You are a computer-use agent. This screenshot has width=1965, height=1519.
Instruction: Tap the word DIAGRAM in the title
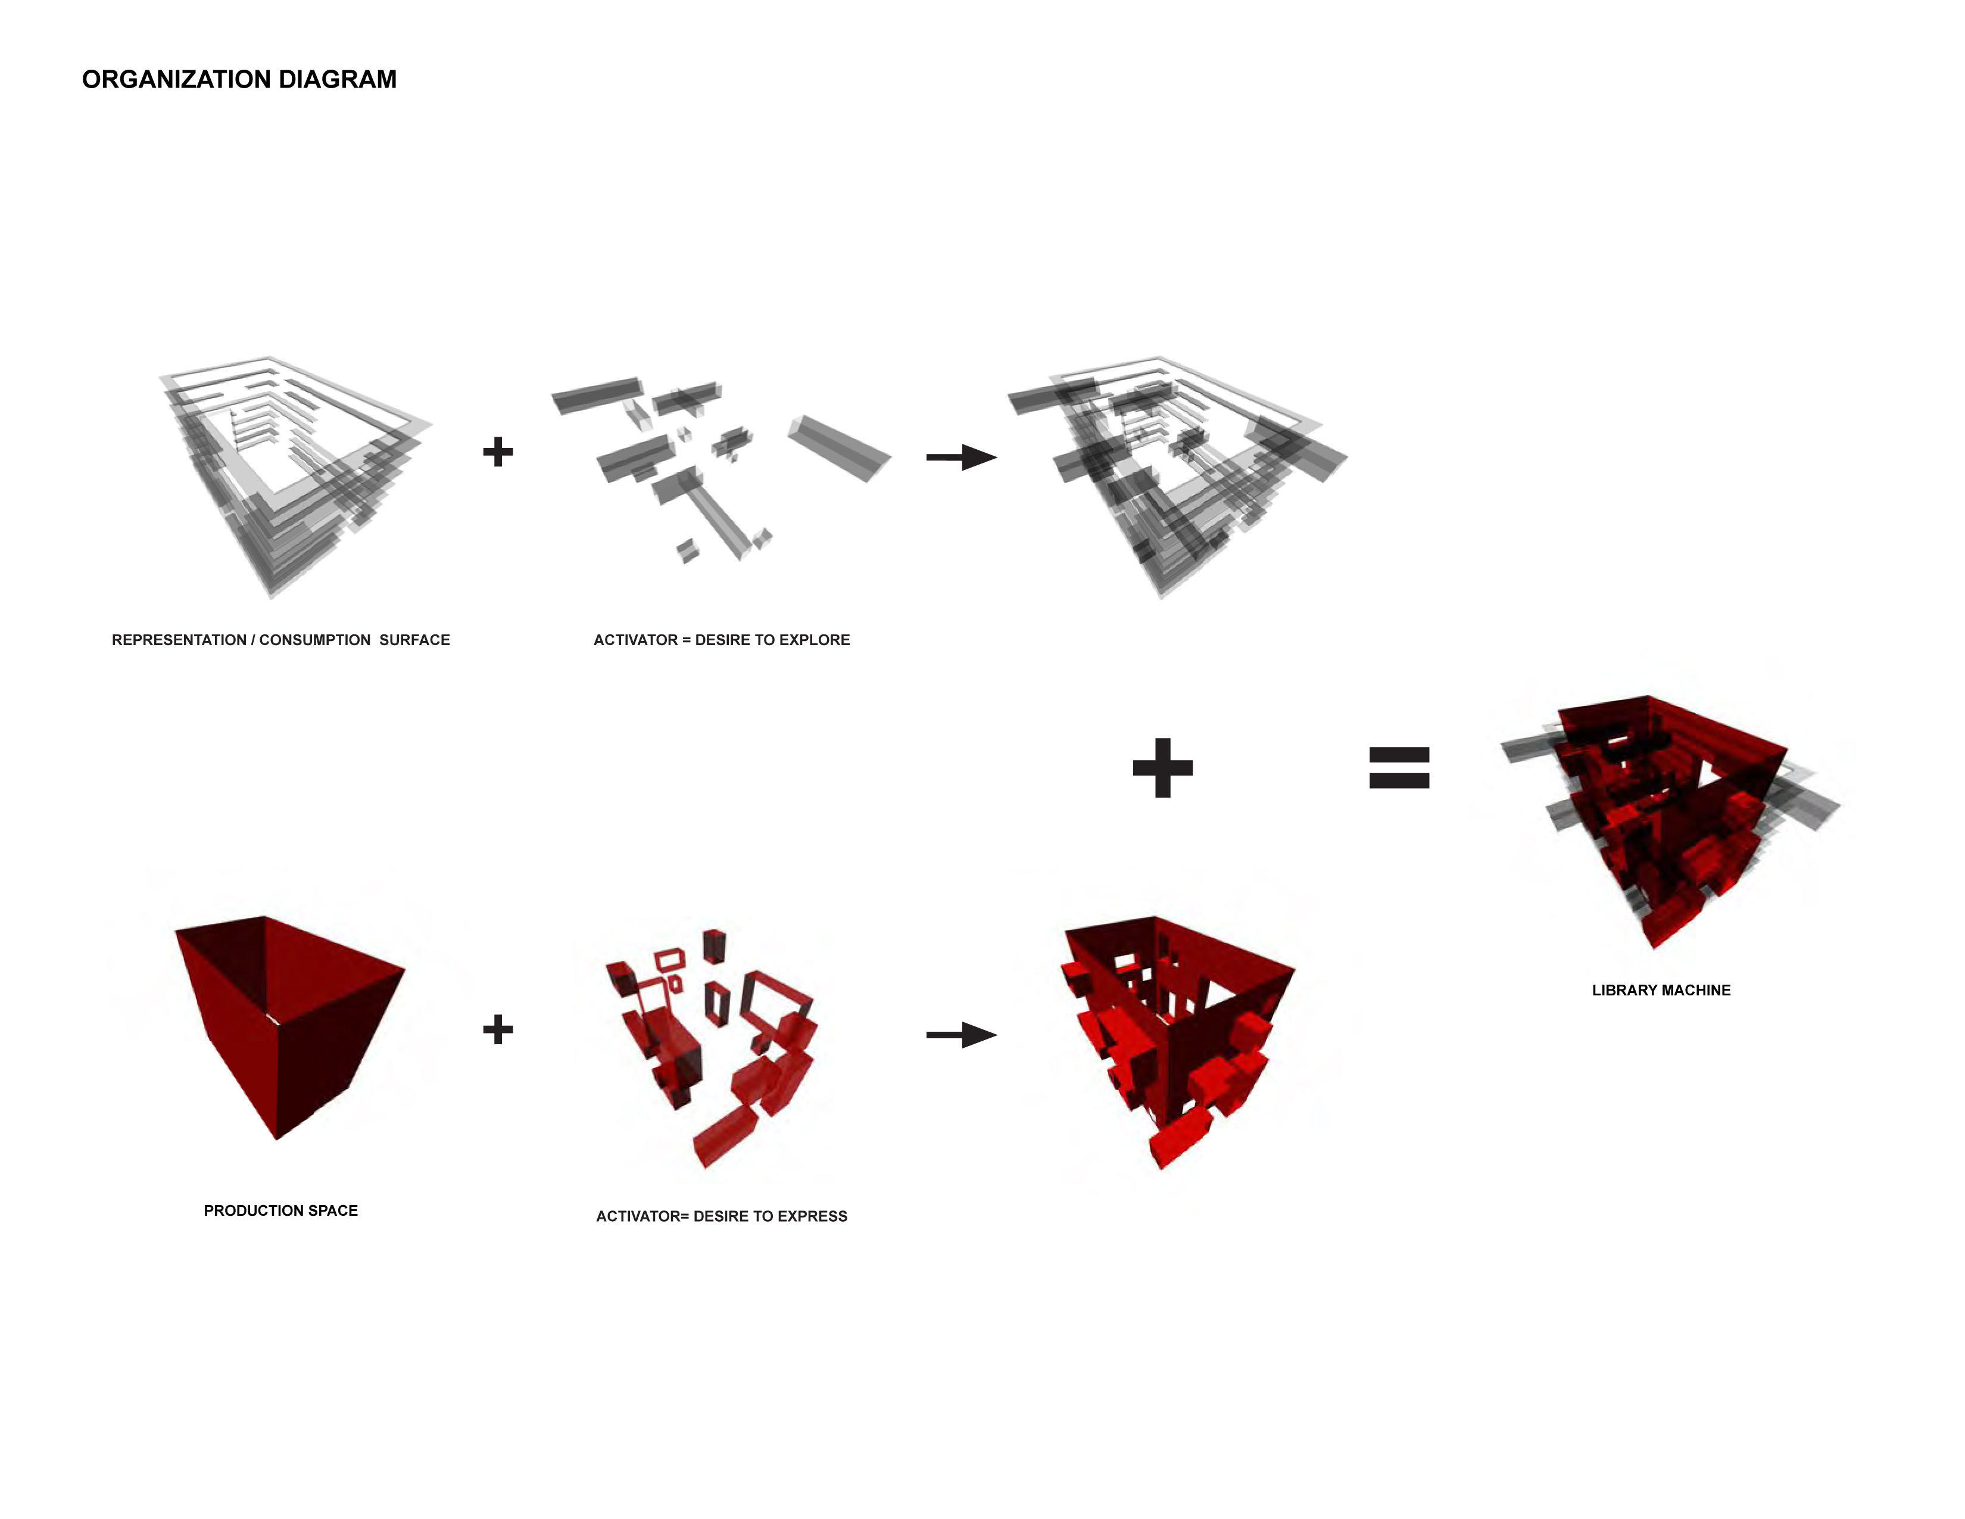tap(338, 79)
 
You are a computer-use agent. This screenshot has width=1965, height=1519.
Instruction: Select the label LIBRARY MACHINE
tap(1661, 990)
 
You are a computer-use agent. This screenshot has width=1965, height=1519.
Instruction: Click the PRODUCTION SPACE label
tap(280, 1210)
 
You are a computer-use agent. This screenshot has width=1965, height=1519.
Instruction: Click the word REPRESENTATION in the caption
tap(179, 640)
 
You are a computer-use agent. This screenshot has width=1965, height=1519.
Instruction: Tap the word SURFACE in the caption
tap(415, 640)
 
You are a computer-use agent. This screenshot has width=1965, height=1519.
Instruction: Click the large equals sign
tap(1399, 768)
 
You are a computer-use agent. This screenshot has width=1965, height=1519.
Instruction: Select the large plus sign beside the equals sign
tap(1162, 768)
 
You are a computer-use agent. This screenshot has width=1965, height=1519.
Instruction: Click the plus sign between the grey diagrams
tap(498, 452)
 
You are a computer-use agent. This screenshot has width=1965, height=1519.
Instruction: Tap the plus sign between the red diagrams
tap(498, 1029)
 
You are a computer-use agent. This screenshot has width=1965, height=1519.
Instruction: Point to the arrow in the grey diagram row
tap(962, 457)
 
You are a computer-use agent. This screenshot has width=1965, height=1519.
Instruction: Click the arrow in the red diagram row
tap(962, 1035)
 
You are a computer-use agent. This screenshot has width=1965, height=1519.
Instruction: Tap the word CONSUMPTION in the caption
tap(315, 640)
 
